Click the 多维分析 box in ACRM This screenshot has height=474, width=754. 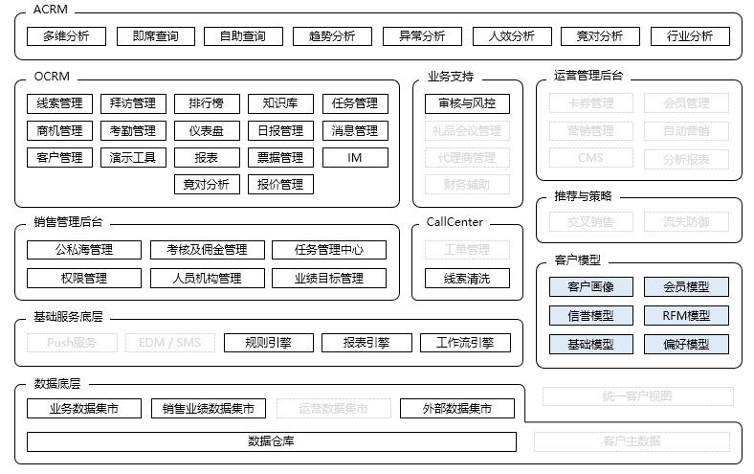(66, 36)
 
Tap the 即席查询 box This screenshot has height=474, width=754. (156, 36)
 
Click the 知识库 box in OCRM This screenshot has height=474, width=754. (280, 103)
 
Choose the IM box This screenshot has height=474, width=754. (355, 157)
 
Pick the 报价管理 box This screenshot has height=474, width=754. (280, 184)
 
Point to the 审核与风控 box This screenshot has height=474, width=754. (467, 103)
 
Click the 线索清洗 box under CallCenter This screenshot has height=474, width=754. (467, 279)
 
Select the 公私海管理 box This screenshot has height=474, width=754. (84, 250)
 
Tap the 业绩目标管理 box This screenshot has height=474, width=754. (329, 279)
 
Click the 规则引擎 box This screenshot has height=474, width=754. (269, 342)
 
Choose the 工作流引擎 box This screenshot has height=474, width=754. (465, 342)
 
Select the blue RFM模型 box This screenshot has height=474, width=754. (686, 315)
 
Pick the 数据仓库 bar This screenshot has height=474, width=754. (271, 441)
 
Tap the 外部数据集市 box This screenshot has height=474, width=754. (456, 409)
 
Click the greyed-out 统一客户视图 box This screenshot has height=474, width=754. (637, 395)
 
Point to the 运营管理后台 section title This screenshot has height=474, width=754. (588, 76)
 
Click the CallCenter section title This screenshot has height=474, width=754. (455, 222)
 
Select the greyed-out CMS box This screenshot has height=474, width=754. (590, 158)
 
